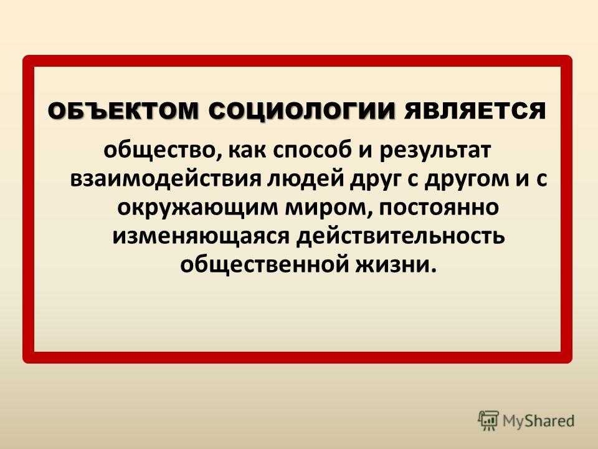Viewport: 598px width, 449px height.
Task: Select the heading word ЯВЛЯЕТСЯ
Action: point(475,112)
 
